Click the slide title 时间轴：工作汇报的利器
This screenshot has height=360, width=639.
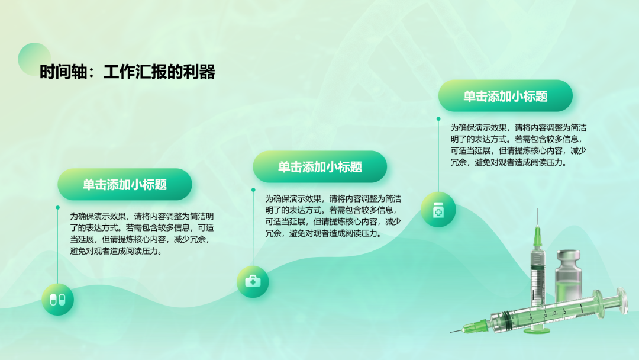click(127, 72)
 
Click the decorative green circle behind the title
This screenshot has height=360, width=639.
click(34, 59)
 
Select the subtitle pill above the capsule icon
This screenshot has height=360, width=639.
click(125, 184)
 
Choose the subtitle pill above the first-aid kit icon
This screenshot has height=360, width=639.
click(320, 167)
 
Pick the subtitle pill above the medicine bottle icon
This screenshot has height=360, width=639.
click(505, 96)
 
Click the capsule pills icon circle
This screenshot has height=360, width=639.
click(57, 300)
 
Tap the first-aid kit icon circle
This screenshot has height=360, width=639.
click(253, 281)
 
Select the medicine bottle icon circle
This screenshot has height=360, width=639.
click(438, 210)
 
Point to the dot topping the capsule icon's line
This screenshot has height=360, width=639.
click(57, 207)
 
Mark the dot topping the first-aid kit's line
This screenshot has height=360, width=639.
click(253, 190)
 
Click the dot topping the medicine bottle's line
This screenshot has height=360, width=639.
click(438, 119)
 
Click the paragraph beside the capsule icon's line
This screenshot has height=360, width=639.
click(141, 234)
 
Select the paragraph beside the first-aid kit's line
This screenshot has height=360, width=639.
click(333, 216)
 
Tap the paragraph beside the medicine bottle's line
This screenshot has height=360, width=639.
click(518, 145)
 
